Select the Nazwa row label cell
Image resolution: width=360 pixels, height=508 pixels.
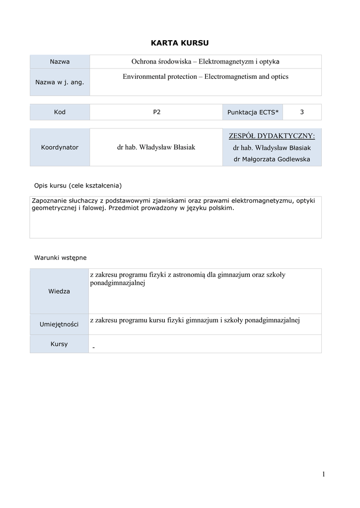(x=60, y=62)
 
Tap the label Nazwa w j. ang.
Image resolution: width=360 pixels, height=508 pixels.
(x=60, y=82)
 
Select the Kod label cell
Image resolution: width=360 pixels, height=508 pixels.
(x=60, y=112)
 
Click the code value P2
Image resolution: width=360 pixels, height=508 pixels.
(x=156, y=112)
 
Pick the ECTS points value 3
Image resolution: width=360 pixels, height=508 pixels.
(x=302, y=112)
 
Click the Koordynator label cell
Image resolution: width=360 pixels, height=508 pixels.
(x=60, y=147)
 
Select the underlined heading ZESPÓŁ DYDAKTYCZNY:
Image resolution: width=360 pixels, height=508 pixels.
(x=272, y=136)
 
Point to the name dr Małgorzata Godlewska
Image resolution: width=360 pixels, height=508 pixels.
(x=272, y=159)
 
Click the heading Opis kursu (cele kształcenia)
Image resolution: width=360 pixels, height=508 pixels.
(x=78, y=186)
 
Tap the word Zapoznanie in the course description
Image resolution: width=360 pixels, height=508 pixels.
(x=48, y=200)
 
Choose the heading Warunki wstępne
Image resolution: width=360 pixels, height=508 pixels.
(x=60, y=257)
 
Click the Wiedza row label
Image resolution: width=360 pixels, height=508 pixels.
(x=59, y=291)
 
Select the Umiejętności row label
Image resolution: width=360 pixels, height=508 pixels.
(x=59, y=324)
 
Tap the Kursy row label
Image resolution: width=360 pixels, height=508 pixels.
(x=59, y=344)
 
